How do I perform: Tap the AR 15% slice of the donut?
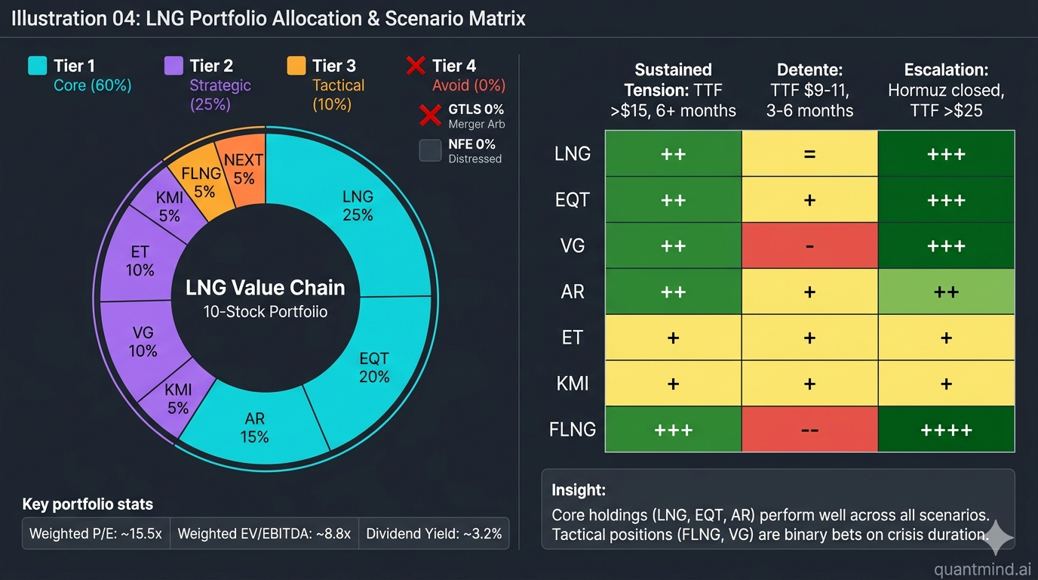coord(255,427)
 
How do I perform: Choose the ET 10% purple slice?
coord(140,261)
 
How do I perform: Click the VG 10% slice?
coord(143,341)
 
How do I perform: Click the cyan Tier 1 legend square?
coord(38,66)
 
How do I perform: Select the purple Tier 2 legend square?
coord(174,66)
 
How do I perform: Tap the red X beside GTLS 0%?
coord(430,116)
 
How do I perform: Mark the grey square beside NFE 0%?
coord(430,150)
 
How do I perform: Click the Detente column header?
coord(809,90)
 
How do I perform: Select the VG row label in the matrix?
coord(573,245)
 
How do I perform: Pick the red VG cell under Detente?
coord(809,245)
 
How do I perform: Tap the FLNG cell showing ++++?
coord(946,429)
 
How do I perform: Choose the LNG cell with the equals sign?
coord(809,153)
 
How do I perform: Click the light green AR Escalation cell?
coord(946,292)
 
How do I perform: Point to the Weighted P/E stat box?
coord(96,534)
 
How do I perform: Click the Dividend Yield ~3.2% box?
coord(434,534)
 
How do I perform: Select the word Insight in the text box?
coord(579,490)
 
